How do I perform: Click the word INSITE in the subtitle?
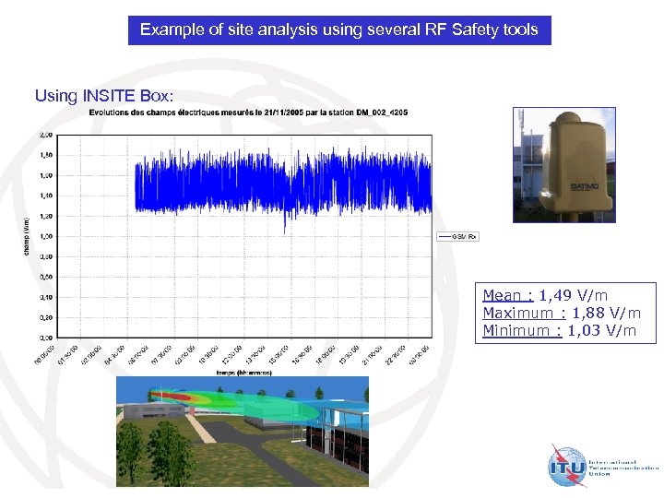point(113,95)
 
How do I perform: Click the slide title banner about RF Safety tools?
point(338,30)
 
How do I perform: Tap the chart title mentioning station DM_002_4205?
point(248,113)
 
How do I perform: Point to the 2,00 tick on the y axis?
point(45,135)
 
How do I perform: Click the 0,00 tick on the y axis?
point(45,338)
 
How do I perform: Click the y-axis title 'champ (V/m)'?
point(26,236)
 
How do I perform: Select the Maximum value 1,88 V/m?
point(603,314)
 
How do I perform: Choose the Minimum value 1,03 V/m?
point(601,331)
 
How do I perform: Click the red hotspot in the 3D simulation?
point(188,398)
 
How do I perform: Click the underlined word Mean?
point(503,296)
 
